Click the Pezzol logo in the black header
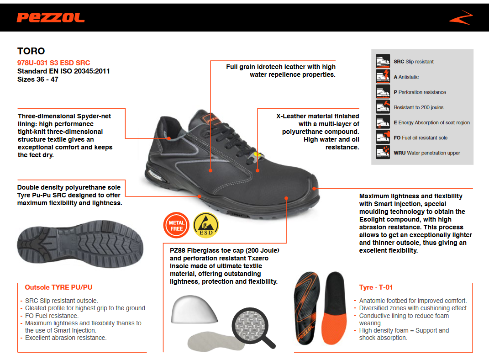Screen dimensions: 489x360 click(51, 18)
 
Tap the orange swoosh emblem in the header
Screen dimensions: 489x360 click(461, 18)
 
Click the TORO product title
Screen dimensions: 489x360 click(31, 51)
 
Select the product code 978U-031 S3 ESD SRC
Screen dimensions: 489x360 click(53, 63)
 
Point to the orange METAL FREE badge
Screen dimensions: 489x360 click(177, 226)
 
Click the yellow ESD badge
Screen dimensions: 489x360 click(206, 225)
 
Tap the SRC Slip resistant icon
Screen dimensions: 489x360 click(383, 61)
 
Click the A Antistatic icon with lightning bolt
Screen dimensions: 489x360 click(383, 76)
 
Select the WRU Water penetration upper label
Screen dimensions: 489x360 click(426, 153)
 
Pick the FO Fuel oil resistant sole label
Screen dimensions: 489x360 click(421, 138)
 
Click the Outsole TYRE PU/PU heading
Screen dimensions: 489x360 click(58, 287)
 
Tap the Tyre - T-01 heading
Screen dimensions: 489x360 click(376, 287)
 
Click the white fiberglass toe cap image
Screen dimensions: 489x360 click(194, 309)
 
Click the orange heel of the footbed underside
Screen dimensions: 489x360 click(333, 328)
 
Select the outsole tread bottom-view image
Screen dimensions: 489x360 click(80, 244)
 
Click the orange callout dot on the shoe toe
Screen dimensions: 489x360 click(314, 188)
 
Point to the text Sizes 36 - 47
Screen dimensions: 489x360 click(38, 79)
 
